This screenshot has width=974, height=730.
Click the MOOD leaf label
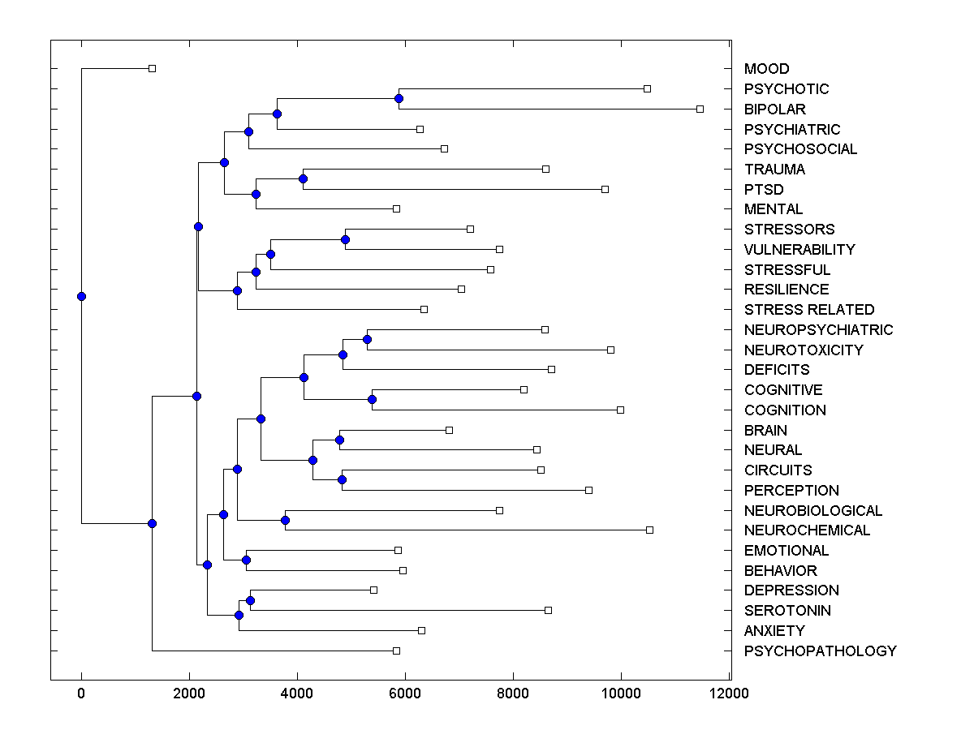(x=766, y=69)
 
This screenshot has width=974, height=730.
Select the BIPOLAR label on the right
(x=774, y=109)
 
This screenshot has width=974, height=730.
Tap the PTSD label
(x=762, y=189)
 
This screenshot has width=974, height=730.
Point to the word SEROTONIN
(x=787, y=611)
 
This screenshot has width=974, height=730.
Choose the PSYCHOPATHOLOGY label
(x=820, y=651)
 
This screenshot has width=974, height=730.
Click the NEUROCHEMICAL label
(x=807, y=530)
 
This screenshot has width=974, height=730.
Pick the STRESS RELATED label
(x=809, y=309)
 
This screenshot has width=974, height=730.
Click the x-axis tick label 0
(x=81, y=693)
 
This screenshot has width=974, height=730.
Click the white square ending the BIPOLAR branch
(x=700, y=109)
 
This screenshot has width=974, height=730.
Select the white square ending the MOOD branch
(x=152, y=68)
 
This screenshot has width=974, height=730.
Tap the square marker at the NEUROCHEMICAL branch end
(x=649, y=530)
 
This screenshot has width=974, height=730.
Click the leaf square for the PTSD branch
(x=605, y=189)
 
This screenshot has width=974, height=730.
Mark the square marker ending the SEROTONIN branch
(x=548, y=610)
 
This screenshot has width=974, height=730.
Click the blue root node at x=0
(x=81, y=296)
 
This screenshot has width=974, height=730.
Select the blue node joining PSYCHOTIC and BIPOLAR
(x=399, y=98)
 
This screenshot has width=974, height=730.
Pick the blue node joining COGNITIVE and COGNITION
(x=372, y=399)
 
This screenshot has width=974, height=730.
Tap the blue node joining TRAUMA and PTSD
(x=303, y=178)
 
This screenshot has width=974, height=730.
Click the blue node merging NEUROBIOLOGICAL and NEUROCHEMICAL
(x=285, y=520)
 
